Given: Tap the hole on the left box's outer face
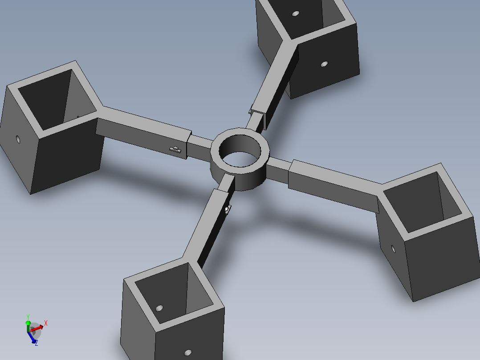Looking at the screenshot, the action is pyautogui.click(x=18, y=140).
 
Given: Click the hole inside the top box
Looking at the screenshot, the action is pyautogui.click(x=295, y=13).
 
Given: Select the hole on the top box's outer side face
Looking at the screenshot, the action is pyautogui.click(x=324, y=64).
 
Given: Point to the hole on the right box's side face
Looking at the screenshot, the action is pyautogui.click(x=393, y=249).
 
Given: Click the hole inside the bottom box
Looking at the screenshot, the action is pyautogui.click(x=159, y=308).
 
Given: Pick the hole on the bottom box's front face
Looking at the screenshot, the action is pyautogui.click(x=188, y=352).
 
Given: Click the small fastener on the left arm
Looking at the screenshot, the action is pyautogui.click(x=175, y=150).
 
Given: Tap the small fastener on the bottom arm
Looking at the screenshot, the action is pyautogui.click(x=228, y=209).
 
